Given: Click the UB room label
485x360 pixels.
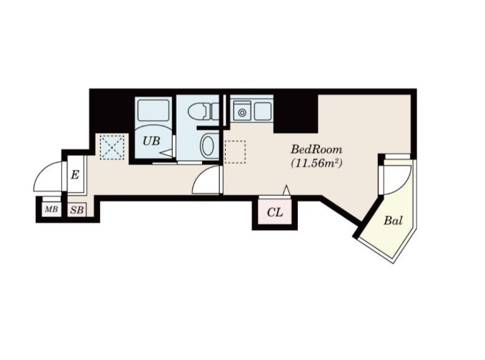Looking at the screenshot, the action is tap(151, 141).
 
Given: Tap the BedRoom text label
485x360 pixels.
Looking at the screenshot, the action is tap(316, 150).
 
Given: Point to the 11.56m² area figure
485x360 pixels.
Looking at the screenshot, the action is tap(316, 163).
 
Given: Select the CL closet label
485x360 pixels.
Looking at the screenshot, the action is tap(275, 212).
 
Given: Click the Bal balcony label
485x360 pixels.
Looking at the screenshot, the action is tap(393, 221).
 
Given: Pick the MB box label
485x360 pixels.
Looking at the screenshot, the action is tap(51, 209).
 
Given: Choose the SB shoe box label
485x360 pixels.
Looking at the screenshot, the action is tap(77, 210).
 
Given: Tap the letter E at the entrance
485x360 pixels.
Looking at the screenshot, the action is tap(75, 175).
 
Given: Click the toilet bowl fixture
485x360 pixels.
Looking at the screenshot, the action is tap(204, 111).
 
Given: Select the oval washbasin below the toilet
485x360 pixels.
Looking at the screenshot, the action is tap(208, 146).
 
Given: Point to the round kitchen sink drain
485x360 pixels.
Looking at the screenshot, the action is tap(242, 113).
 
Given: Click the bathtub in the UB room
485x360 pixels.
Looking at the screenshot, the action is tap(154, 110).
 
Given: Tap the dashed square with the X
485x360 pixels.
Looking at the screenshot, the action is tap(112, 147).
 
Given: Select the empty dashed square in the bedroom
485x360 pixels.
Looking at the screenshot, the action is tap(235, 152).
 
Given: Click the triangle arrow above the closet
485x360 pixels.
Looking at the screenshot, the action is tap(286, 190).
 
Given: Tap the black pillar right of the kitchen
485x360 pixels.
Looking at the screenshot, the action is tap(296, 114).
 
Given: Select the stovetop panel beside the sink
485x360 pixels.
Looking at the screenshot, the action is tap(263, 111).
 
